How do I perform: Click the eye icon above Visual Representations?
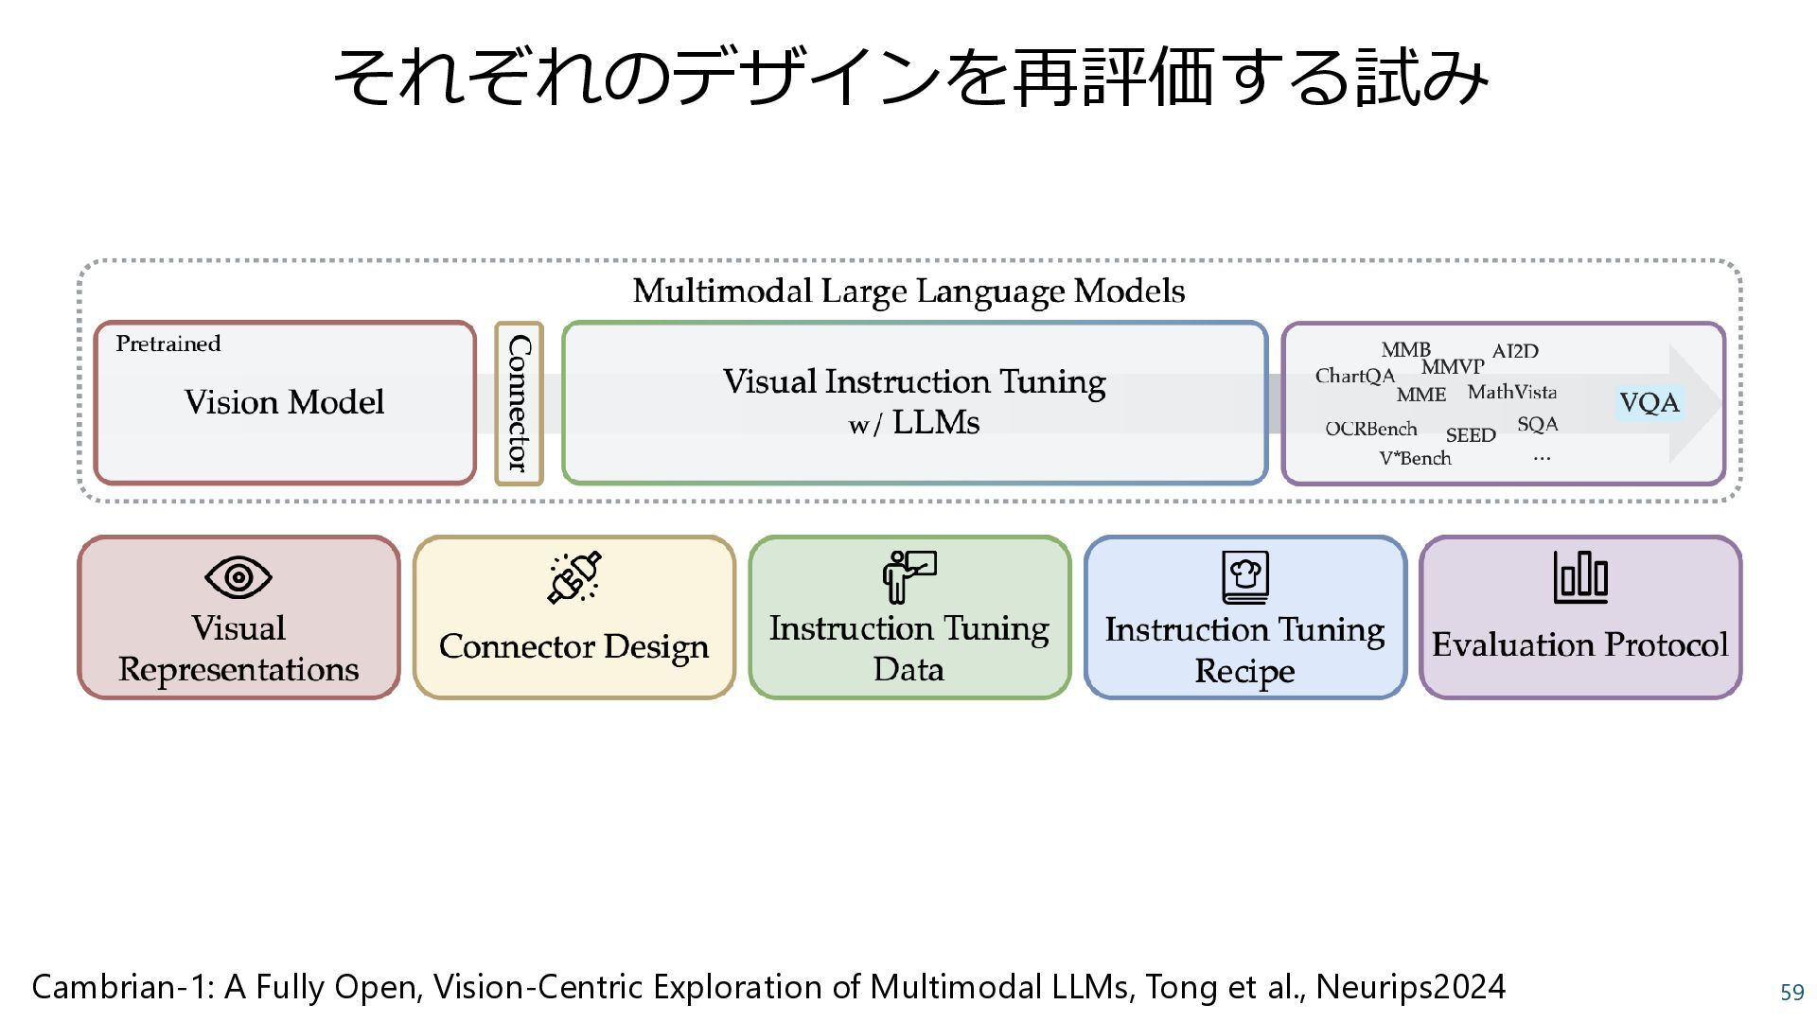tap(238, 577)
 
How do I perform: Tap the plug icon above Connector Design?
tap(574, 577)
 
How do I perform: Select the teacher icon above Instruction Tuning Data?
tap(908, 576)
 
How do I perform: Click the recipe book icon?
tap(1244, 577)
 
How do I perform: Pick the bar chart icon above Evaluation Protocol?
tap(1580, 577)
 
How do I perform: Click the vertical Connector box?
tap(519, 403)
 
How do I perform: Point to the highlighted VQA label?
tap(1649, 403)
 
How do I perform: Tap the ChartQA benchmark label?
tap(1354, 377)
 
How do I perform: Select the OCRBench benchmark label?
tap(1370, 429)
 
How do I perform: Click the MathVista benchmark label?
tap(1511, 392)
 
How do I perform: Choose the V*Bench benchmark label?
tap(1415, 459)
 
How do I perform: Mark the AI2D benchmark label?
tap(1515, 351)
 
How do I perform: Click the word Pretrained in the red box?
tap(168, 344)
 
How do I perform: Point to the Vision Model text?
tap(284, 402)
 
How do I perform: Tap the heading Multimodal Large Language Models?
tap(908, 291)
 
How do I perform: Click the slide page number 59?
tap(1791, 993)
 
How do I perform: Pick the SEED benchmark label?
tap(1470, 435)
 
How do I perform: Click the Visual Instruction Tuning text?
tap(914, 381)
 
